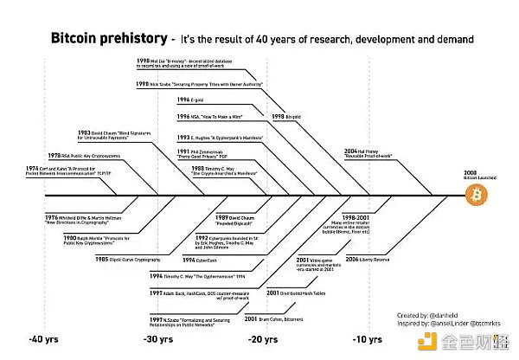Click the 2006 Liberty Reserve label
[x=371, y=259]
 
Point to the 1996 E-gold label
[x=191, y=100]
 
